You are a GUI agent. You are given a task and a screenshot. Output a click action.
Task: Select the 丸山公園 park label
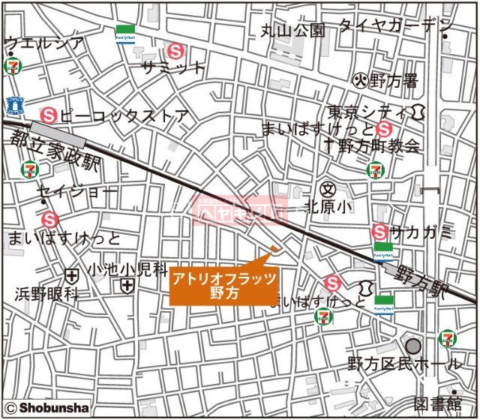(293, 30)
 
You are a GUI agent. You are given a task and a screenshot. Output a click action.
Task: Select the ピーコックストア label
(125, 116)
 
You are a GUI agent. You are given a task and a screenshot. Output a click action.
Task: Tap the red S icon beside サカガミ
(380, 232)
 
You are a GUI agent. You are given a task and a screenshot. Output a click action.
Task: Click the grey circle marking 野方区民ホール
(413, 346)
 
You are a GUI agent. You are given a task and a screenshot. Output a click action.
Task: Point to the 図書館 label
(440, 402)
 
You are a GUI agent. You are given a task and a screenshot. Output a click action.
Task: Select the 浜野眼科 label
(46, 294)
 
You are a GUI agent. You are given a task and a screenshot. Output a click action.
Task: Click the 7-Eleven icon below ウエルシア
(13, 66)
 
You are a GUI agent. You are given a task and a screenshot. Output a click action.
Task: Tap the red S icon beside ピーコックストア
(49, 115)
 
